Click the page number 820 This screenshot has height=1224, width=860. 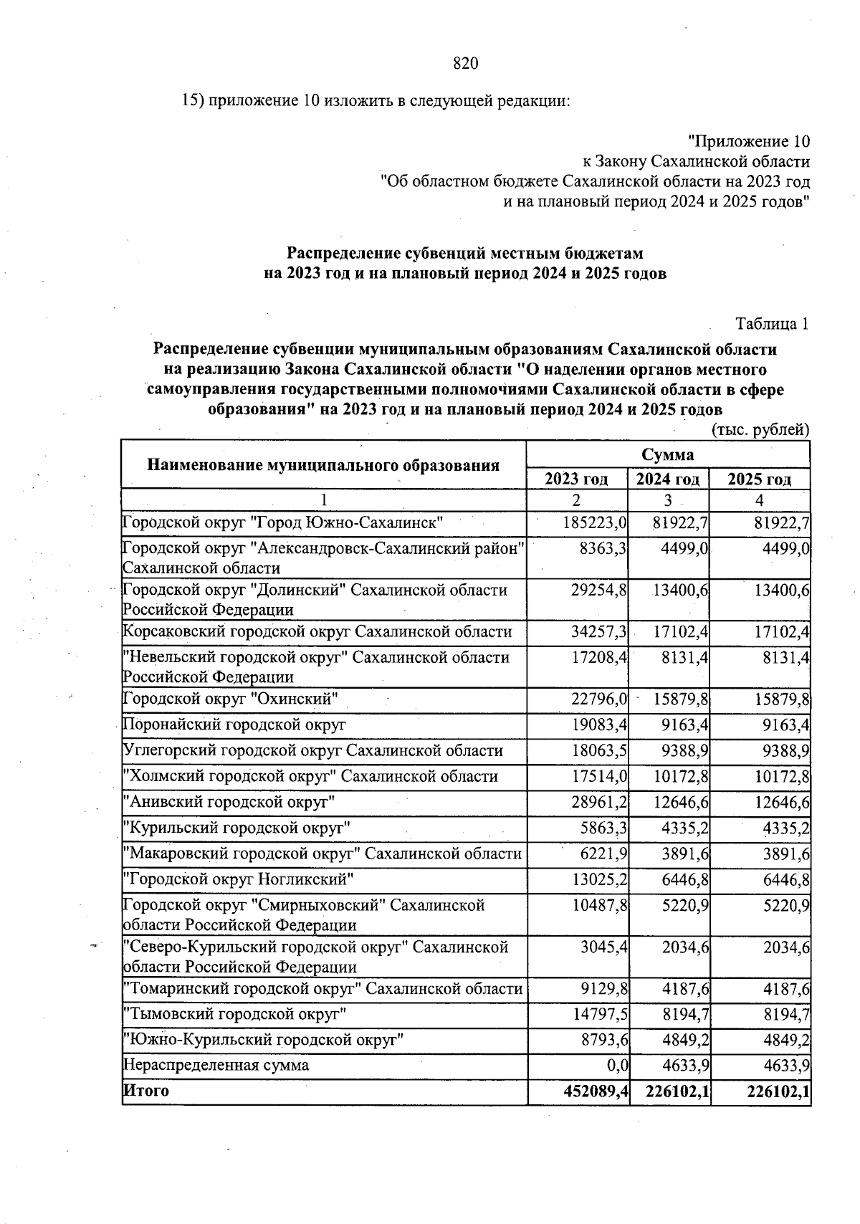466,64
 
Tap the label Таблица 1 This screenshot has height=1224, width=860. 772,324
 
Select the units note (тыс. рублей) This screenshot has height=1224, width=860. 760,430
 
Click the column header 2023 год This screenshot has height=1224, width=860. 577,479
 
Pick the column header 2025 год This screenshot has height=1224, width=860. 760,479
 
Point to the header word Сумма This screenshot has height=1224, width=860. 667,455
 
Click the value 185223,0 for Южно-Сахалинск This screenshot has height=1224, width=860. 595,523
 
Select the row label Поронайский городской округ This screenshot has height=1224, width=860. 235,725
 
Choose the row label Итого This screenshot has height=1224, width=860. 147,1091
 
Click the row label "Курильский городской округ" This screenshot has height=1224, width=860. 237,828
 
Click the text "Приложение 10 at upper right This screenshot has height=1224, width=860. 748,140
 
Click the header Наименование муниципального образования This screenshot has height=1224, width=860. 323,465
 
